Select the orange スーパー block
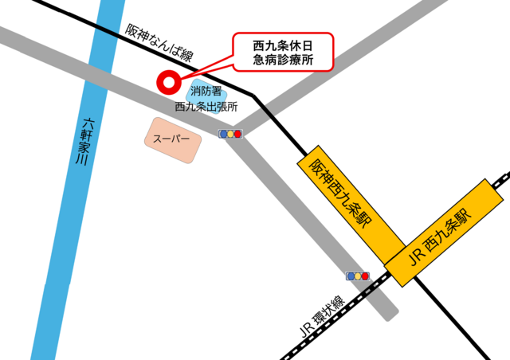(171, 139)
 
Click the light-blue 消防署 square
(205, 92)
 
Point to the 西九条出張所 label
(206, 106)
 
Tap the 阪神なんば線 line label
(159, 42)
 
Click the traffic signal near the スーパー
(230, 134)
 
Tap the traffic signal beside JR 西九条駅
(357, 276)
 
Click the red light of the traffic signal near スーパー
(237, 134)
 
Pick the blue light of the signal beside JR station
(350, 276)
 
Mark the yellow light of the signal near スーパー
(230, 134)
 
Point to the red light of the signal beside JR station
(365, 276)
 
